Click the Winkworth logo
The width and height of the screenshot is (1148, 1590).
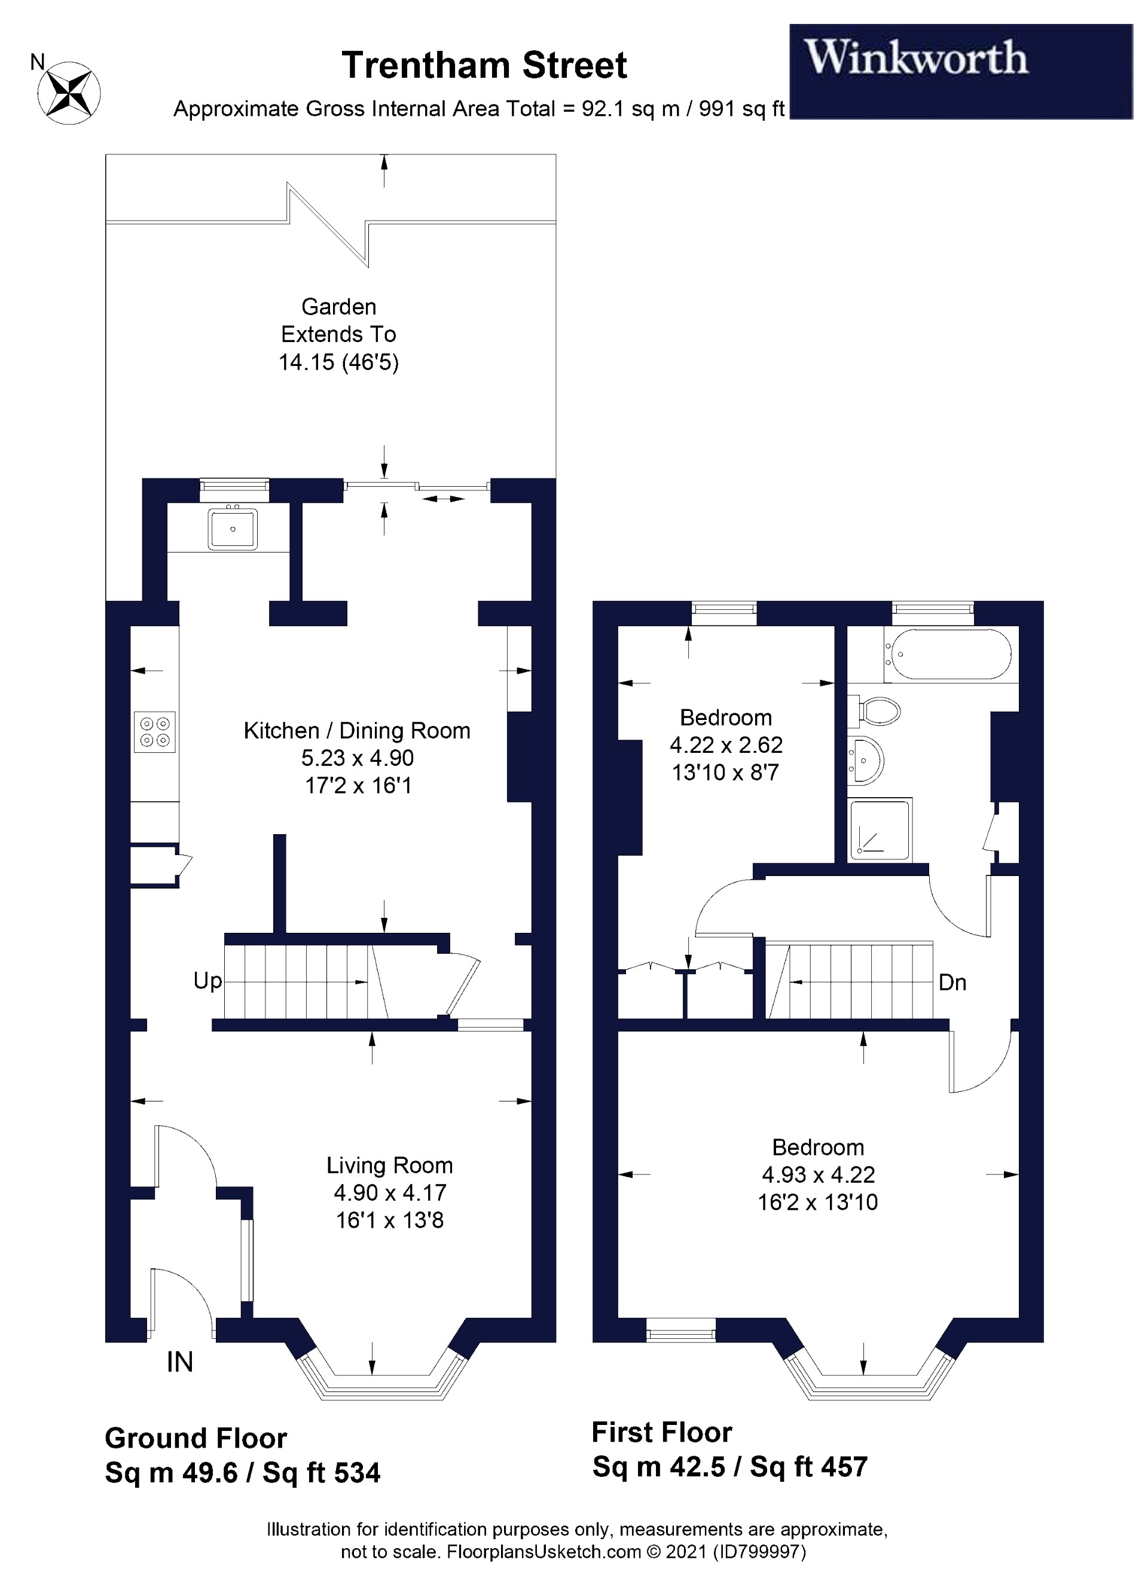coord(915,57)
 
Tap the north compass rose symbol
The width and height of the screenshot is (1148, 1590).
coord(69,93)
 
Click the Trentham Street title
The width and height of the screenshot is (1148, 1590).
coord(484,65)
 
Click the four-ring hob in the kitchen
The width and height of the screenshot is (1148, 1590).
coord(155,732)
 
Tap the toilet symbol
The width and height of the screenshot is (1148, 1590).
coord(876,712)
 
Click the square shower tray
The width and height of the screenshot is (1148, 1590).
coord(880,830)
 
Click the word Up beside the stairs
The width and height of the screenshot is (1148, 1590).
coord(207,981)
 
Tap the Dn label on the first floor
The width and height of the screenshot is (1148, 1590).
coord(952,982)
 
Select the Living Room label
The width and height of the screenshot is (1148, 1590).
coord(389,1165)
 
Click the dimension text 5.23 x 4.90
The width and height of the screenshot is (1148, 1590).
coord(358,758)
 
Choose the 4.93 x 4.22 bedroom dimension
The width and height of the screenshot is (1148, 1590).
coord(818,1174)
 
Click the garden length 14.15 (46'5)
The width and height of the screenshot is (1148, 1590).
coord(338,362)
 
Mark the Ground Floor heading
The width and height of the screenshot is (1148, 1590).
coord(196,1439)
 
